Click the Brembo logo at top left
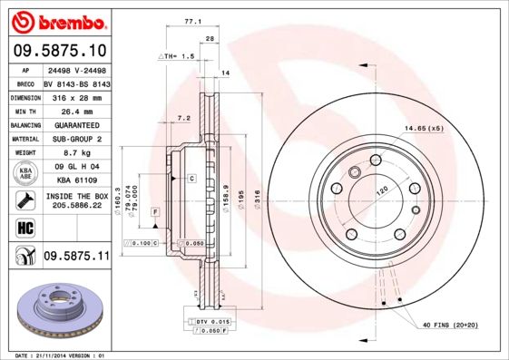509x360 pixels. [x=57, y=19]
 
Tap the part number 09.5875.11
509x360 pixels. [x=76, y=257]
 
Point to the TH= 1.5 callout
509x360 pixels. [x=177, y=56]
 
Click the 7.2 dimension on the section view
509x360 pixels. [x=182, y=118]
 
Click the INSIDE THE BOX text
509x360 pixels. [x=75, y=196]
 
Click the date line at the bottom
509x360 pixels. [x=55, y=355]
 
